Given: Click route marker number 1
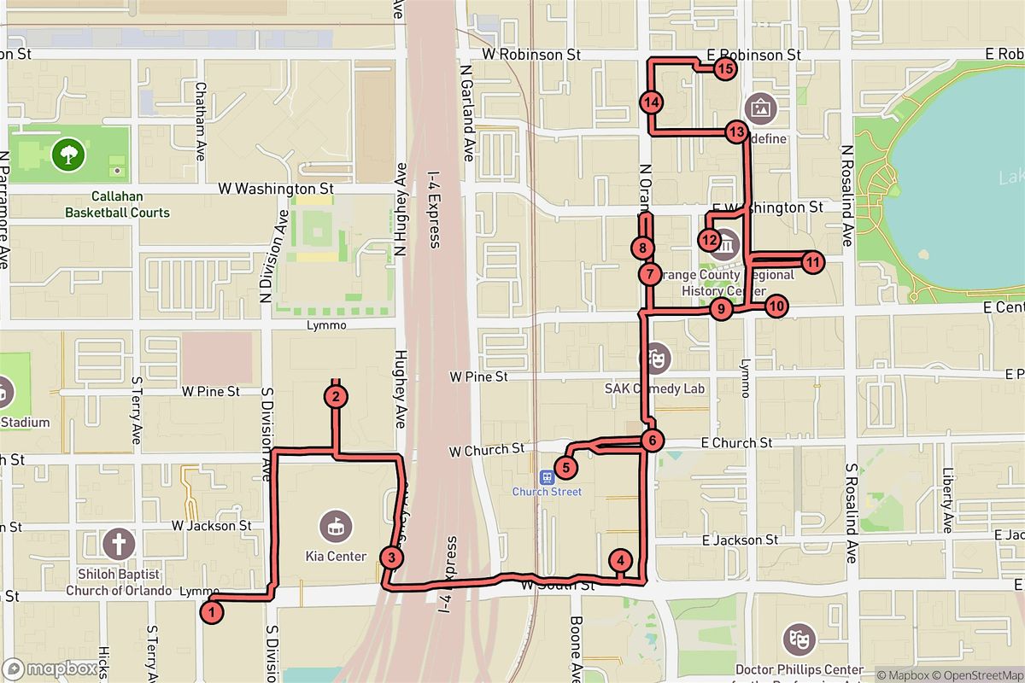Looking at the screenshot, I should [212, 611].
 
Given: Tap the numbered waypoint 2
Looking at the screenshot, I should [337, 396].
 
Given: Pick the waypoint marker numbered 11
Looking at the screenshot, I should [811, 262].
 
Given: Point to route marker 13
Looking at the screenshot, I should [736, 132].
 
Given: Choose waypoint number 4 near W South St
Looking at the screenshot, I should [621, 561].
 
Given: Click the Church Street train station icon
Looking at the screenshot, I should [547, 475].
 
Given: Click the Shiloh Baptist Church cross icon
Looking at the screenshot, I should [119, 543].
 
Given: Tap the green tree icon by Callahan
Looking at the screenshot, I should [67, 155].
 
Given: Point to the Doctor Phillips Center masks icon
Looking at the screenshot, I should [799, 638].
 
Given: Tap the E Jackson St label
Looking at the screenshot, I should [740, 540].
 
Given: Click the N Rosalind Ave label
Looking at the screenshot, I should [847, 196].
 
